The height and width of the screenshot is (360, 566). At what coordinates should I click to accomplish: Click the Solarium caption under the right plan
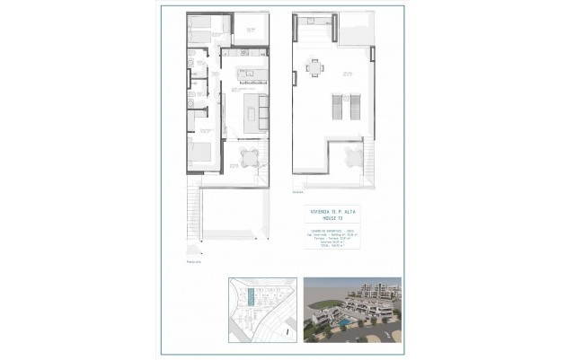pyautogui.click(x=297, y=192)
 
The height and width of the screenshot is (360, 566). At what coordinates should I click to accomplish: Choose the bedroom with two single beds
pyautogui.click(x=203, y=26)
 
